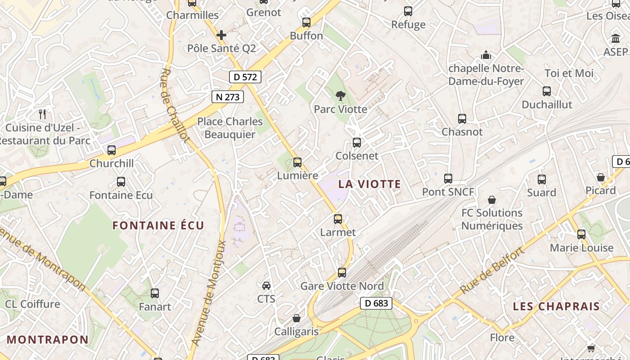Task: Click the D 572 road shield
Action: pos(245,77)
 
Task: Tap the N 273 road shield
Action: pos(228,96)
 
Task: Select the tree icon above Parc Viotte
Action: pos(341,95)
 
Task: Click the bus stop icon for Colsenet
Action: pos(357,143)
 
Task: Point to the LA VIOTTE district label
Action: pos(369,184)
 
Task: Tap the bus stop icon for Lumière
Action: pos(297,162)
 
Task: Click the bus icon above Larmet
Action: pos(338,219)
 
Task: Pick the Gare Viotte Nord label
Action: pos(342,286)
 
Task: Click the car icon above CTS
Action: pos(266,285)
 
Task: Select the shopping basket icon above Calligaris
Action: pos(297,319)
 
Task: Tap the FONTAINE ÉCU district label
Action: pos(158,225)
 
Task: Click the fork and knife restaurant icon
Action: pos(43,114)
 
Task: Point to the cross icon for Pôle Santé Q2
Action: pos(221,35)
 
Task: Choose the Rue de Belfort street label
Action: pos(493,270)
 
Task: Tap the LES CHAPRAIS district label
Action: pos(556,306)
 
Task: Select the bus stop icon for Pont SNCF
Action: pos(448,179)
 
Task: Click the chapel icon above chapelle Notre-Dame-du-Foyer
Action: pos(486,55)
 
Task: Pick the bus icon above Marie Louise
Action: pos(581,234)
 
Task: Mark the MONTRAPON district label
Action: pos(48,340)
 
